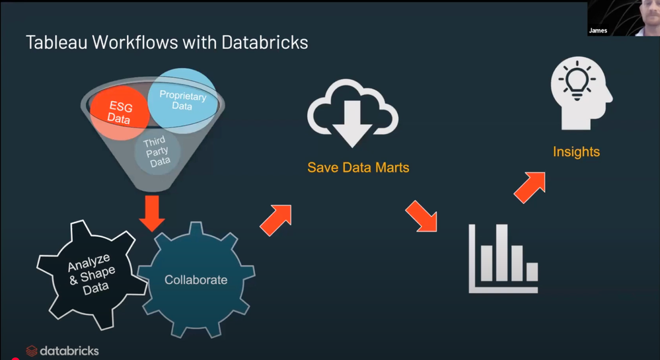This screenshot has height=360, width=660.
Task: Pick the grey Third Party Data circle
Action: (157, 152)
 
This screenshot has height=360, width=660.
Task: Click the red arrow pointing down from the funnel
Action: (153, 213)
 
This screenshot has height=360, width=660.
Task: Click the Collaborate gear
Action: (196, 280)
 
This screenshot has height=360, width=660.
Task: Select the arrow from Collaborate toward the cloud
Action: (276, 219)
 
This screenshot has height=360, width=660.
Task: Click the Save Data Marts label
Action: (358, 168)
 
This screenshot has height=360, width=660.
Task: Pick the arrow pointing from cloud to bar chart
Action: (421, 216)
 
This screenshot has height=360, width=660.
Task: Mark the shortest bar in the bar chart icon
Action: (532, 271)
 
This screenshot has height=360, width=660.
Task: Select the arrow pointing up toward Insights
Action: (530, 188)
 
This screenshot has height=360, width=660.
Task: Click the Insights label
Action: (576, 153)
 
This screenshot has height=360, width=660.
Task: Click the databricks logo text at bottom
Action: (69, 351)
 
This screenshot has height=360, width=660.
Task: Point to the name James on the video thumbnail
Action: (598, 30)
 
